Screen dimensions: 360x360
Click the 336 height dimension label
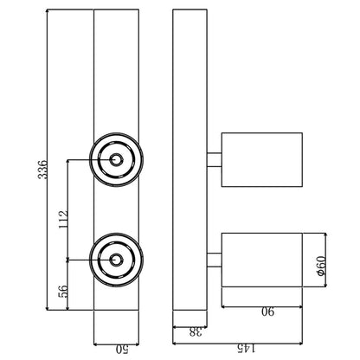42,169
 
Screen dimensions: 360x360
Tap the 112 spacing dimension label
63,220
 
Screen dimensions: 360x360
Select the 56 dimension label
63,292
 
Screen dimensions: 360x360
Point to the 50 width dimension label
122,350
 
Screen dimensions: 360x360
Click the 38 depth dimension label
196,332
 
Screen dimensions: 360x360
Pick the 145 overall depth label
246,349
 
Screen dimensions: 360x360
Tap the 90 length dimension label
268,312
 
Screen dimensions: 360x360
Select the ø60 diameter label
321,267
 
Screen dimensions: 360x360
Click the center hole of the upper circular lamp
116,159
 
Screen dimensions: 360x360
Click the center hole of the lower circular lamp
116,260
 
